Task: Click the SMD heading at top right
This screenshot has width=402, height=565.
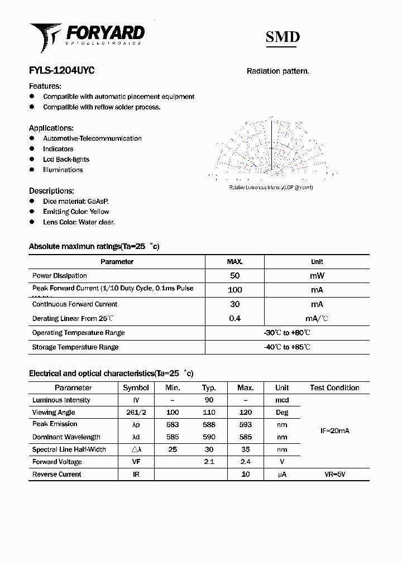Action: (x=282, y=37)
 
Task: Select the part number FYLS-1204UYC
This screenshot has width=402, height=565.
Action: (x=61, y=71)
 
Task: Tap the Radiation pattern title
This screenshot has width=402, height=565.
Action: (x=278, y=71)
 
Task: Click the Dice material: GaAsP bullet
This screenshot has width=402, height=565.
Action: (x=75, y=201)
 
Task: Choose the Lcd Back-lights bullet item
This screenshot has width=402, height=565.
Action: (x=66, y=159)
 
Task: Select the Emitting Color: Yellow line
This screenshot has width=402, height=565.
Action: (x=76, y=212)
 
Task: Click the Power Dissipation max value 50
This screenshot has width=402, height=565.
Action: (x=234, y=276)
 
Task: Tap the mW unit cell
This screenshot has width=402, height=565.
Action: (x=317, y=276)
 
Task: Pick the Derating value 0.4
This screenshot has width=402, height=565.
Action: (x=234, y=318)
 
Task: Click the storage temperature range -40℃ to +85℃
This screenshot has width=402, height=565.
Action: (x=287, y=347)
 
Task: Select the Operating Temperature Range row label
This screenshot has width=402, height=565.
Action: (x=78, y=333)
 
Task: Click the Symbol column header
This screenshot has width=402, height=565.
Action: (x=136, y=387)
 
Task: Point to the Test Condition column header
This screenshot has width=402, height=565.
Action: (x=334, y=387)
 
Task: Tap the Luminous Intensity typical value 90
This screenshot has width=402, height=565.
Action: (x=209, y=400)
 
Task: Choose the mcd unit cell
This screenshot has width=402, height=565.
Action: (x=282, y=400)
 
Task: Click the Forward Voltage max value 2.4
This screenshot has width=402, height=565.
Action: (x=245, y=462)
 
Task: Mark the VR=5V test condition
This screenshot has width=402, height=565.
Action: (x=334, y=474)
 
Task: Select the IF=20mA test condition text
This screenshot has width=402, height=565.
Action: (x=334, y=431)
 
